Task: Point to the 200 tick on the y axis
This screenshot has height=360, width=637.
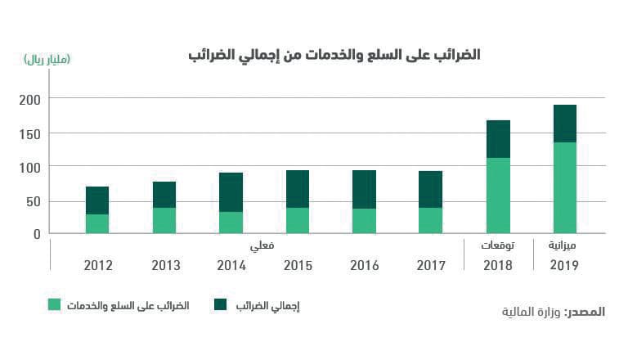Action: [x=30, y=99]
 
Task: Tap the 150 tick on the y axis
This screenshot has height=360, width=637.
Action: [x=30, y=133]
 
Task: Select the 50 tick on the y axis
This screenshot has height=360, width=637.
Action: [x=34, y=201]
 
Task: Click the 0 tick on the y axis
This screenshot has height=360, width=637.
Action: [x=37, y=234]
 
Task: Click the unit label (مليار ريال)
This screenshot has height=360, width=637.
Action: [x=47, y=59]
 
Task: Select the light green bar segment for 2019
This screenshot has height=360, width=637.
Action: [x=565, y=188]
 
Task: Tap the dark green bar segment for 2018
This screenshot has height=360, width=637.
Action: [x=498, y=139]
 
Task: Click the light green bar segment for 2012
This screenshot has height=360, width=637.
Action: [x=97, y=224]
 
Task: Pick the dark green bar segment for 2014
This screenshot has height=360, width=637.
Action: [x=231, y=192]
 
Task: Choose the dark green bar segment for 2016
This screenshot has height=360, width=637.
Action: [x=364, y=190]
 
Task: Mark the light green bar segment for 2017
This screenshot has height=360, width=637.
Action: [x=430, y=221]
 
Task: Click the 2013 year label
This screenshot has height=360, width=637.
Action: [x=165, y=266]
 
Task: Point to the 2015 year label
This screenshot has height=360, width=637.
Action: [x=298, y=266]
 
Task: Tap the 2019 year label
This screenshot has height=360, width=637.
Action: [x=564, y=266]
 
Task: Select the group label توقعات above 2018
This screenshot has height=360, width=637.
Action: [x=497, y=245]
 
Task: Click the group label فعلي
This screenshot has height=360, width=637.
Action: [x=263, y=245]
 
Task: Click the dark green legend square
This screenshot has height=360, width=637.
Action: [x=220, y=305]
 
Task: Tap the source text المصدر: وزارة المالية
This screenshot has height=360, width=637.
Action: [x=553, y=312]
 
